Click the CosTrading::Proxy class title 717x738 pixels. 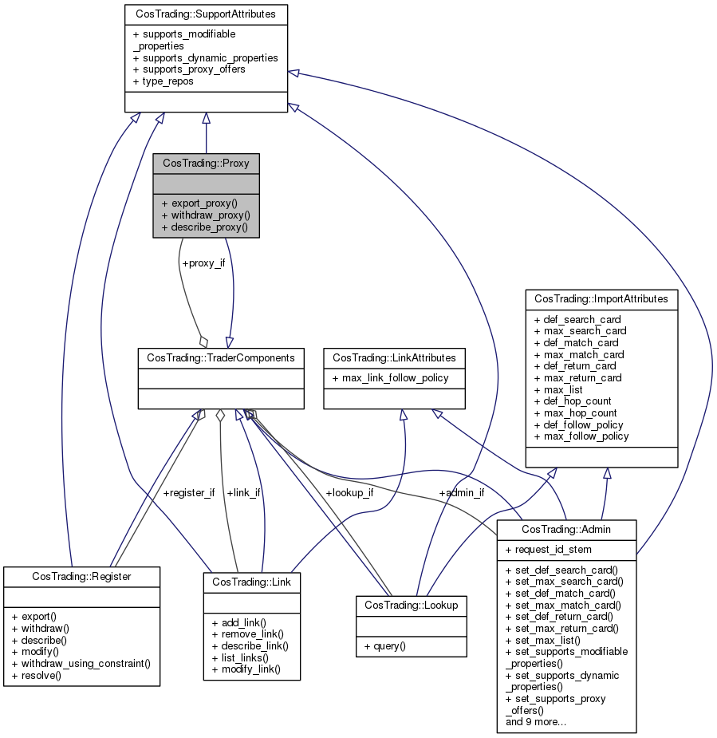[206, 163]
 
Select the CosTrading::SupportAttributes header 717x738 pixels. [206, 14]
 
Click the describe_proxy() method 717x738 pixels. [205, 227]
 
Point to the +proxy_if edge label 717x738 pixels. [203, 262]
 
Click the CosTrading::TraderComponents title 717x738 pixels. [220, 357]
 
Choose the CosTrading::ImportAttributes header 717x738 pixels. [601, 298]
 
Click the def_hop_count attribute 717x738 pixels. [574, 401]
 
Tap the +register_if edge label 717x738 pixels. [188, 492]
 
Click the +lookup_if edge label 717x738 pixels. [349, 492]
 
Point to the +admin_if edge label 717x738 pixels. [461, 492]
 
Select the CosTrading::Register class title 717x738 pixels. [81, 575]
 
